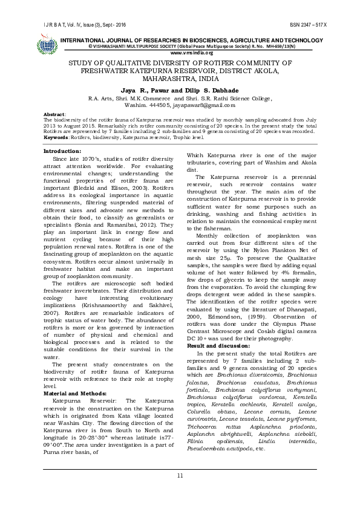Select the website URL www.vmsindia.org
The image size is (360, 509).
(x=180, y=52)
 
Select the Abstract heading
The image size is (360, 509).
(x=56, y=114)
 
